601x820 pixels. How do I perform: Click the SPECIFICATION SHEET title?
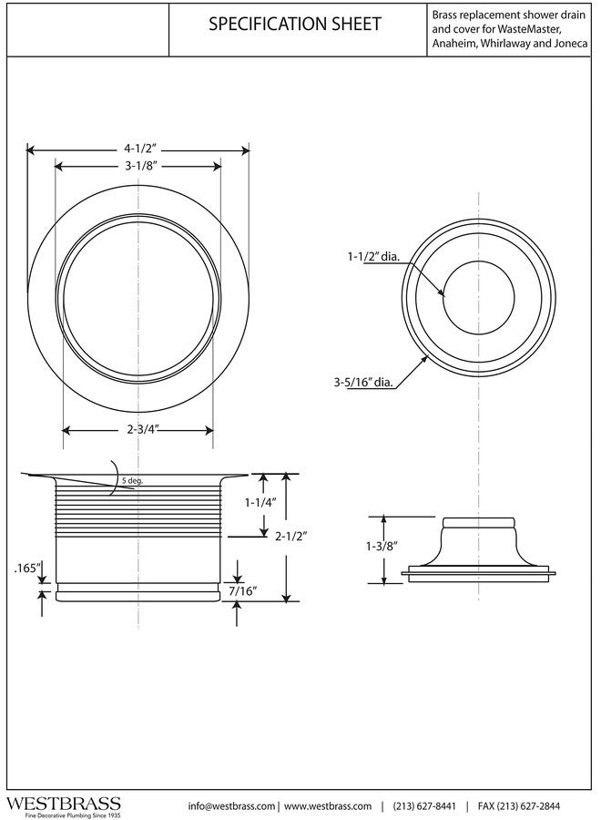pyautogui.click(x=295, y=26)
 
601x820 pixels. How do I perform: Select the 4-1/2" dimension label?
pyautogui.click(x=138, y=149)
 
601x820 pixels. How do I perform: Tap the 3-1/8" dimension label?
pyautogui.click(x=138, y=166)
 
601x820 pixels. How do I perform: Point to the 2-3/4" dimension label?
pyautogui.click(x=138, y=429)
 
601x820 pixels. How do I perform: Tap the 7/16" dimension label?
pyautogui.click(x=242, y=591)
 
